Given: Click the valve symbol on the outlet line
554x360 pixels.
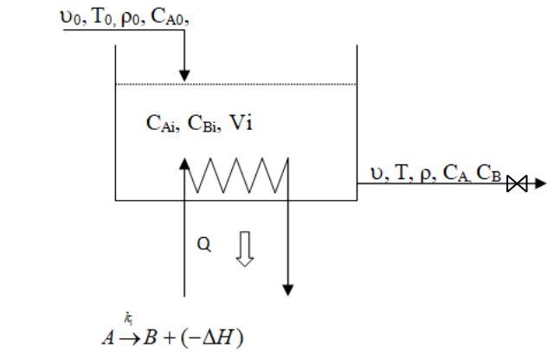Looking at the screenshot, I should tap(518, 183).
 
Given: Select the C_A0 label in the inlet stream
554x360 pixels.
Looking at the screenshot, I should tap(170, 18).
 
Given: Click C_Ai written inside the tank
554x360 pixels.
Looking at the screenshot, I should tap(162, 125).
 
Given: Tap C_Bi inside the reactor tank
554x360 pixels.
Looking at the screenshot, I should tap(203, 125).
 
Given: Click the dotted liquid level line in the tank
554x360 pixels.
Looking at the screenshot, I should tap(236, 84).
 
